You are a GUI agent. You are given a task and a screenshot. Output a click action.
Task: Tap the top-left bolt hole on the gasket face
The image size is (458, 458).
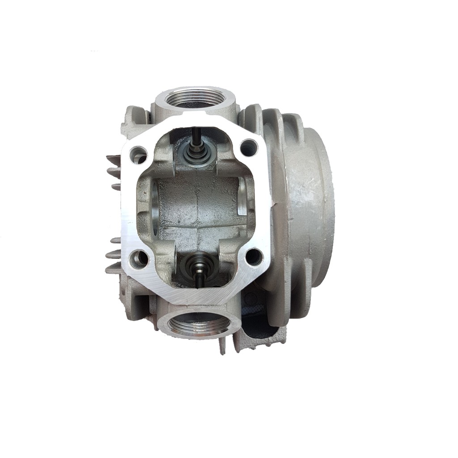[x=139, y=155]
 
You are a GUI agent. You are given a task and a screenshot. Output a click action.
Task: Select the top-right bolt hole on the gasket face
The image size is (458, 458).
[x=248, y=148]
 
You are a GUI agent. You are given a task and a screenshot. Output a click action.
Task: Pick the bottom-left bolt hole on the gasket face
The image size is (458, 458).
[x=139, y=258]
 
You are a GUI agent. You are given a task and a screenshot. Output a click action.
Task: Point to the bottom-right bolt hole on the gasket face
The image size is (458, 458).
[x=254, y=257]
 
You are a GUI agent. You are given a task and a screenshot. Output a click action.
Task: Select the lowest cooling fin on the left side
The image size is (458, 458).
[x=113, y=268]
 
